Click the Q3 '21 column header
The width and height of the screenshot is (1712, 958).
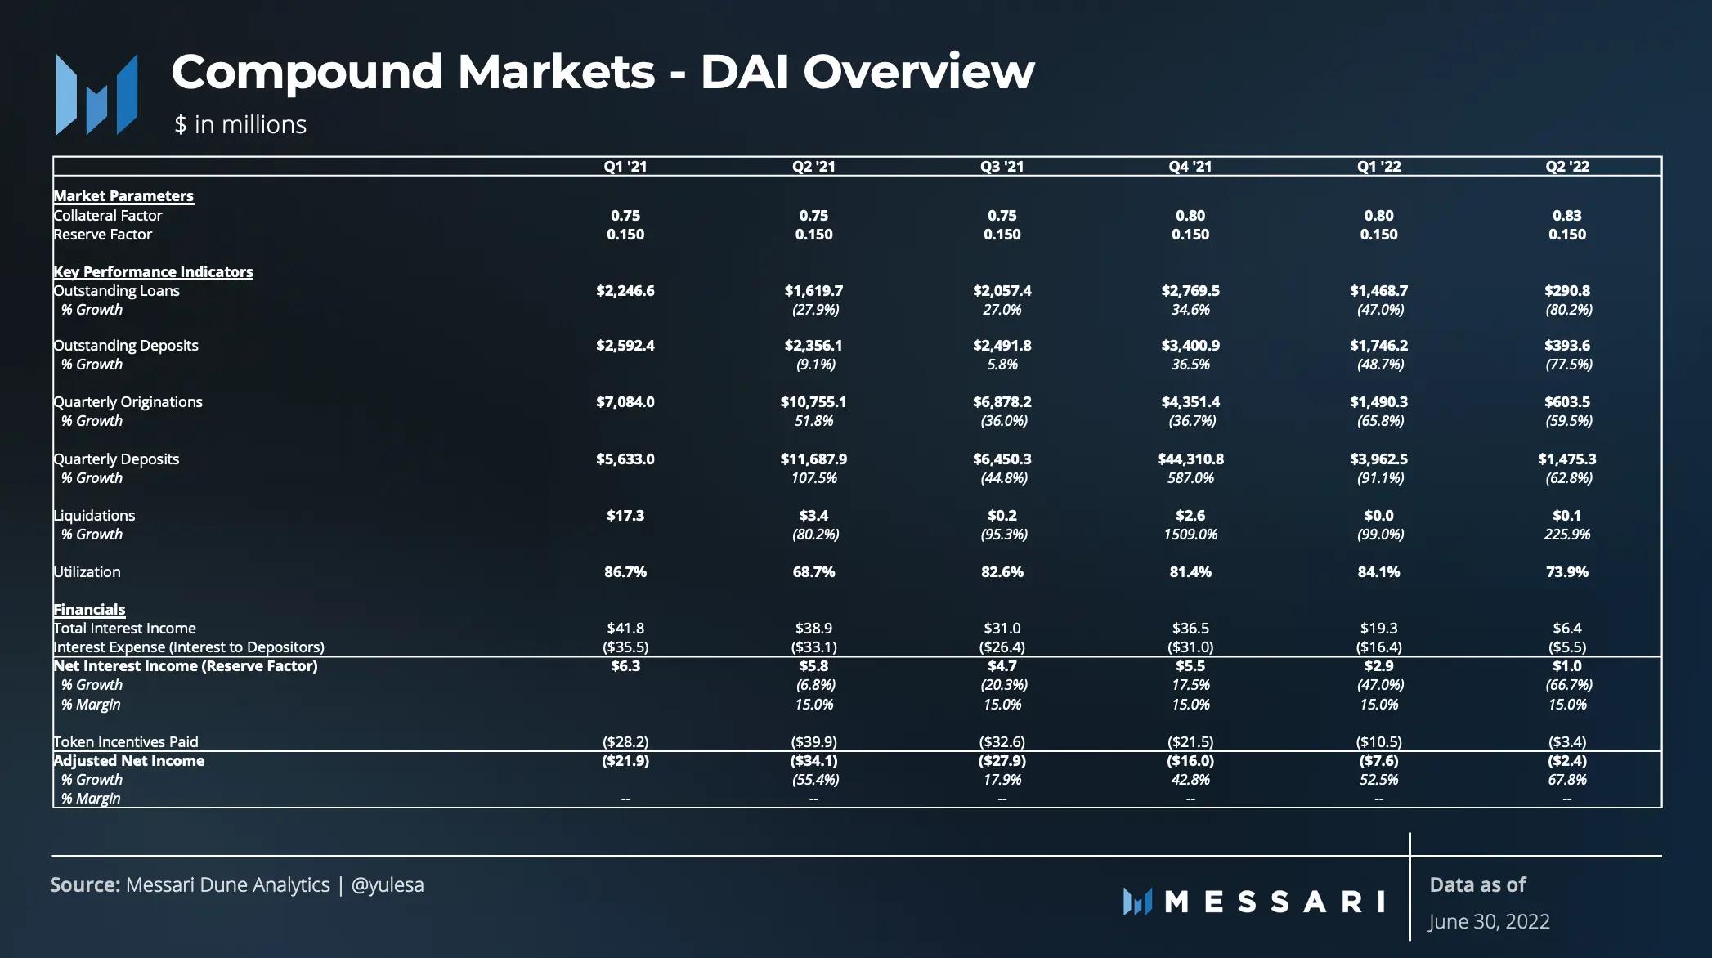point(1002,167)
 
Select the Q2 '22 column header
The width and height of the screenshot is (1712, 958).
point(1566,167)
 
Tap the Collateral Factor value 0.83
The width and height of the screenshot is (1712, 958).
point(1566,216)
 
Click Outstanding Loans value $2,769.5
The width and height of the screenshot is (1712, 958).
point(1190,291)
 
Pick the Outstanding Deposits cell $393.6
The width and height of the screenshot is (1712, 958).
point(1566,346)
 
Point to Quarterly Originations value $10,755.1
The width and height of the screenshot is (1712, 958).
point(813,402)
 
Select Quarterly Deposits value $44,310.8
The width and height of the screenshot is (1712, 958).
point(1190,459)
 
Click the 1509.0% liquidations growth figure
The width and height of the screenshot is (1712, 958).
point(1190,535)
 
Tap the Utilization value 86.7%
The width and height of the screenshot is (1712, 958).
point(625,572)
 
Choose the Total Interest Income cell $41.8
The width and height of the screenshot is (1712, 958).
point(625,629)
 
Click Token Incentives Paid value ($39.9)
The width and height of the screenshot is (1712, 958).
point(813,742)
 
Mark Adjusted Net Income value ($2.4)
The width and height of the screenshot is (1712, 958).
point(1566,761)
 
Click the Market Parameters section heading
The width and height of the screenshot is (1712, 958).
point(123,196)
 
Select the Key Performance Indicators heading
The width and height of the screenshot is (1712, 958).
point(153,272)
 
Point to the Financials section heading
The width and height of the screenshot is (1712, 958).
point(89,610)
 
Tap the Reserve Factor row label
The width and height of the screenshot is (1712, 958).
point(103,235)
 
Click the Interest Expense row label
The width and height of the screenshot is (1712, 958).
point(189,647)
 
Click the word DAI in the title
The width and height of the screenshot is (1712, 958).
point(745,72)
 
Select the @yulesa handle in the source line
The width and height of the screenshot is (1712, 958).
point(388,885)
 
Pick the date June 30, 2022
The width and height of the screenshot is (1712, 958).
point(1489,922)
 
